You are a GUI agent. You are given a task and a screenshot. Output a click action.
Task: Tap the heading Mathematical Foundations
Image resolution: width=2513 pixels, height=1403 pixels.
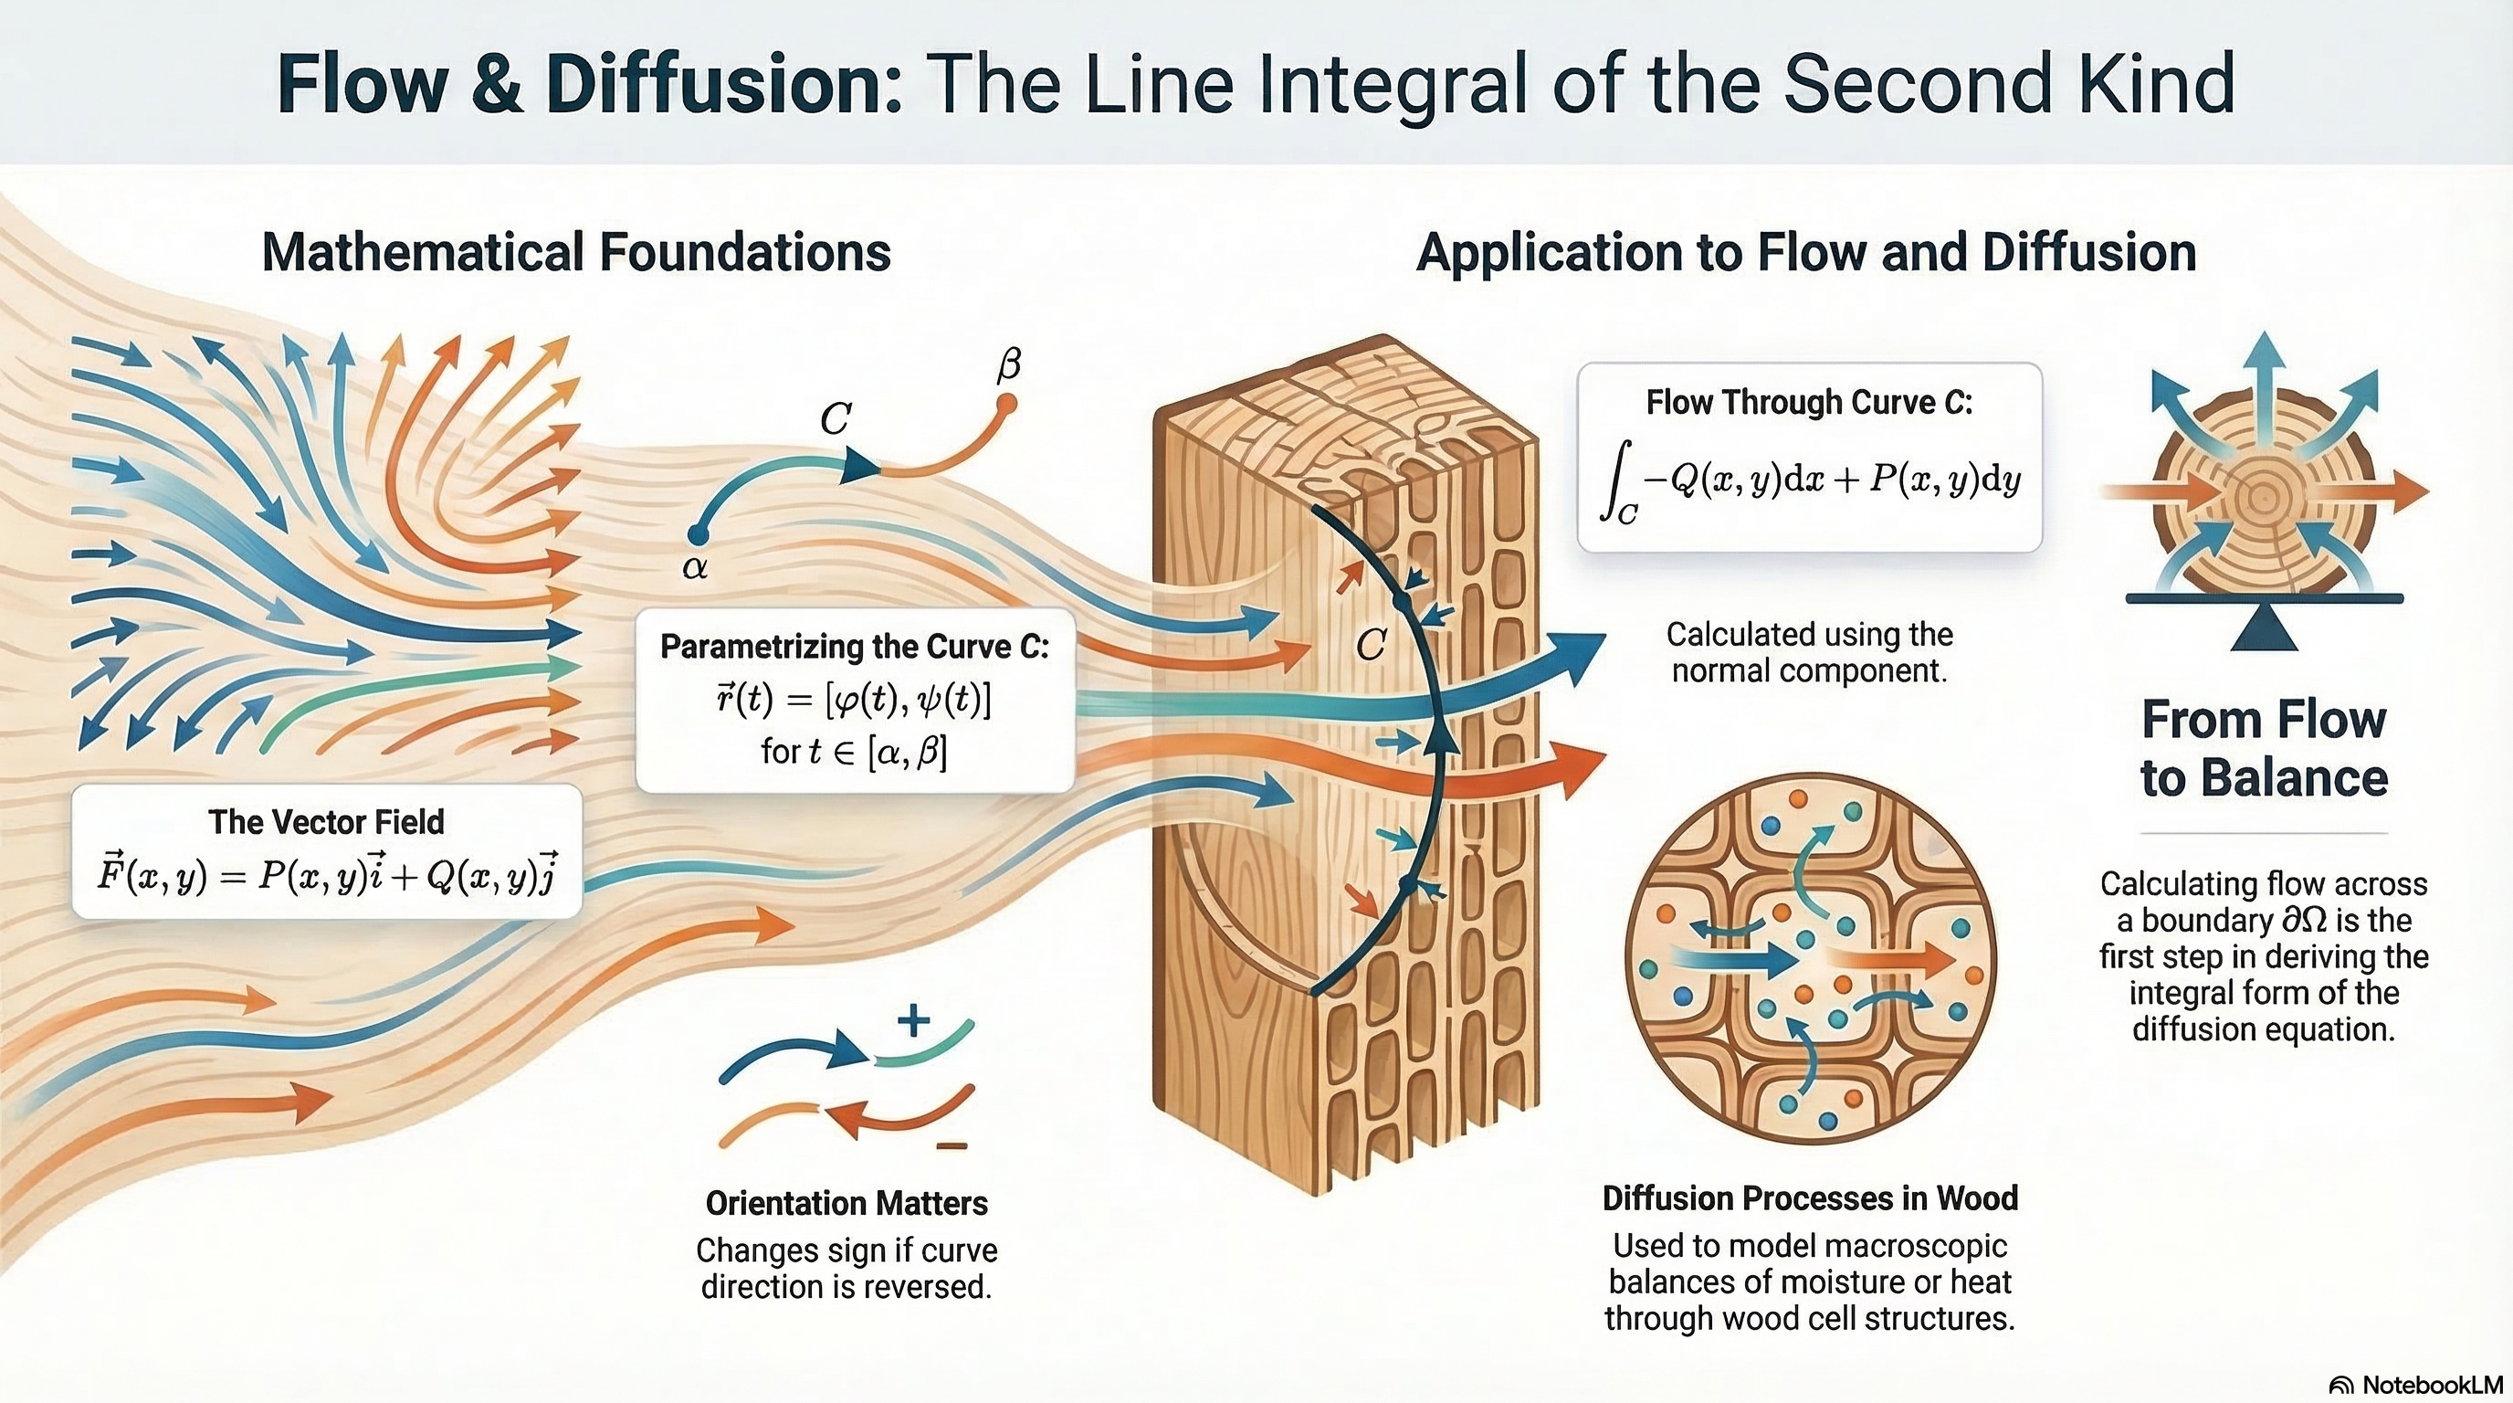[575, 252]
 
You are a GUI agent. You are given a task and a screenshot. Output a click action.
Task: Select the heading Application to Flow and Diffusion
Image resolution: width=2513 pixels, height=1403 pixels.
[1805, 252]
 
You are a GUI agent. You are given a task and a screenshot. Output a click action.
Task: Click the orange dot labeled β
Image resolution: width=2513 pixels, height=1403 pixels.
[1007, 402]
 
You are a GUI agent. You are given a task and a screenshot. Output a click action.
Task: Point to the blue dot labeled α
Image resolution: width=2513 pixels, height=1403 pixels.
[697, 533]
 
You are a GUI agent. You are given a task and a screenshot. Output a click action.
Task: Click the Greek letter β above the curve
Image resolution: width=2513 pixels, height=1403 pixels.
[1009, 364]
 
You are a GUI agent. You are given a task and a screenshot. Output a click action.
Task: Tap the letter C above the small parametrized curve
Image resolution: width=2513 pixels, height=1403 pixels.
[835, 419]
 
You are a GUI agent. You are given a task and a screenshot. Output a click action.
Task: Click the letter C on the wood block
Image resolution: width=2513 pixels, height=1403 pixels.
[1371, 644]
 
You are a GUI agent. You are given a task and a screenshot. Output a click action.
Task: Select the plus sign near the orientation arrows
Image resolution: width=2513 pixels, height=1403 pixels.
[913, 1021]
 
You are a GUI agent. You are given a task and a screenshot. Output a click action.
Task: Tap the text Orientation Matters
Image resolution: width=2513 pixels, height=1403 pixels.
[846, 1203]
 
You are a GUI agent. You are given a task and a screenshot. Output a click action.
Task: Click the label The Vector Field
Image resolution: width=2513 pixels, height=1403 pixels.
[326, 821]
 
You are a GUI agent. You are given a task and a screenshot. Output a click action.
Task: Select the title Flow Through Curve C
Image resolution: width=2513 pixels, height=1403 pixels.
[1809, 402]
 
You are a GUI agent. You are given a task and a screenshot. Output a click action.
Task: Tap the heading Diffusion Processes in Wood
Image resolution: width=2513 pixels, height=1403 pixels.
[1810, 1198]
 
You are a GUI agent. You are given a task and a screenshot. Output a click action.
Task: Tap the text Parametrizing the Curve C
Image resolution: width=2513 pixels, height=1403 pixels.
[855, 646]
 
